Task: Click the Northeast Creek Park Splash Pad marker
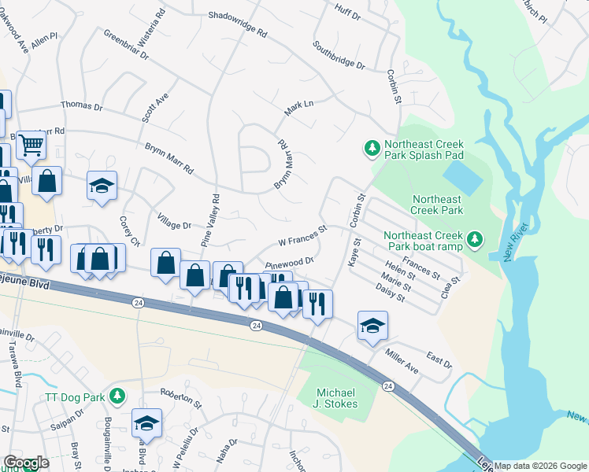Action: [372, 147]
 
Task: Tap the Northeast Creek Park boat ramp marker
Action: [473, 238]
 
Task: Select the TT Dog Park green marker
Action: [117, 396]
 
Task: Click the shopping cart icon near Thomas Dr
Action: [31, 144]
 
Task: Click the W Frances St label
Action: [302, 236]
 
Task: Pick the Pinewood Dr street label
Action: [290, 263]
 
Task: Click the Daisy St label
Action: [391, 293]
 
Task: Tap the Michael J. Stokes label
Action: [337, 398]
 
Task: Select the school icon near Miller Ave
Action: [372, 325]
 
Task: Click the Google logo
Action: [26, 463]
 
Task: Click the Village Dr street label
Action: [176, 225]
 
